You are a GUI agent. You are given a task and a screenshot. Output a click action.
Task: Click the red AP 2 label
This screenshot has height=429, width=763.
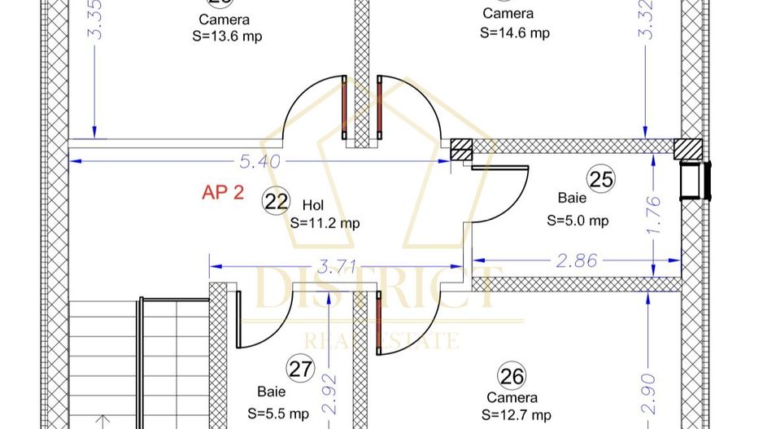pyautogui.click(x=222, y=193)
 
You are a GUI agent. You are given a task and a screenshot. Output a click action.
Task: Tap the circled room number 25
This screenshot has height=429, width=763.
pyautogui.click(x=601, y=179)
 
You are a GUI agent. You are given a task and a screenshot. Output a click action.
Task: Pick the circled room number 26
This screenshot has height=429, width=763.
pyautogui.click(x=512, y=376)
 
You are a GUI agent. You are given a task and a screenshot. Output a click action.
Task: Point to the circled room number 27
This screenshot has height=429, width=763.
pyautogui.click(x=301, y=369)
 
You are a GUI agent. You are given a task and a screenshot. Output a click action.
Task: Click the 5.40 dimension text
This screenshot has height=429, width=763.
pyautogui.click(x=259, y=161)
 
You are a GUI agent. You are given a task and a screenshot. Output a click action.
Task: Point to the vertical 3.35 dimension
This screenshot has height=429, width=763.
pyautogui.click(x=98, y=22)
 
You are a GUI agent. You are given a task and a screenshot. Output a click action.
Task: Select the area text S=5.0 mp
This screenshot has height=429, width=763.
pyautogui.click(x=578, y=220)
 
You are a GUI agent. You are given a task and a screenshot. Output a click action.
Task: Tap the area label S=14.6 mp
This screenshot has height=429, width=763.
pyautogui.click(x=514, y=33)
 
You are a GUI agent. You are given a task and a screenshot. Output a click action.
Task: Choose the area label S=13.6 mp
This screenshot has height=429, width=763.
pyautogui.click(x=227, y=36)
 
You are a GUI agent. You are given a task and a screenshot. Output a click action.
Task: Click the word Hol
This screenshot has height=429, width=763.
pyautogui.click(x=312, y=204)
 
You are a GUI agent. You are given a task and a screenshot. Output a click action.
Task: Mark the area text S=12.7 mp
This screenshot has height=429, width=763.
pyautogui.click(x=516, y=415)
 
